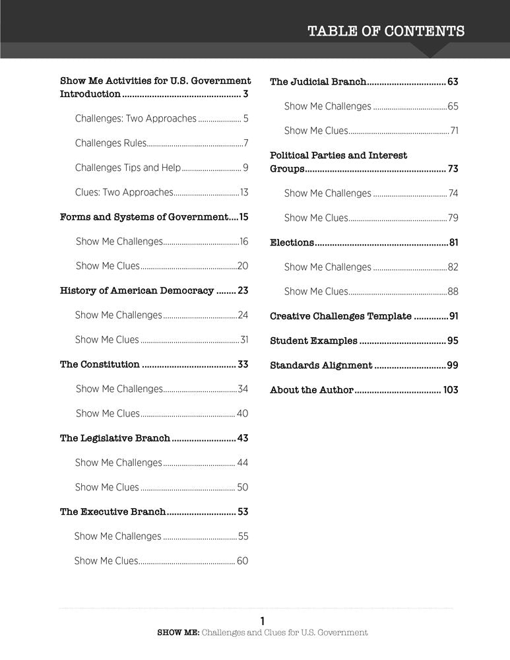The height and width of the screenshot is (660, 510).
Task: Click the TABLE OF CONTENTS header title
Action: point(386,31)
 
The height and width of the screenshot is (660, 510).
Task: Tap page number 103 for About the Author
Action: point(451,390)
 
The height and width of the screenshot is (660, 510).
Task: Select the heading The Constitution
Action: point(100,364)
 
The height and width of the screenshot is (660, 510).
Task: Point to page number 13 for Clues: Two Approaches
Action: point(244,193)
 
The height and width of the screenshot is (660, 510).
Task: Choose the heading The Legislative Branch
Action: point(115,438)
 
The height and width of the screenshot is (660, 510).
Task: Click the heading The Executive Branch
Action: point(112,511)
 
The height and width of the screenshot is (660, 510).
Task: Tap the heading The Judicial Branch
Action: point(318,82)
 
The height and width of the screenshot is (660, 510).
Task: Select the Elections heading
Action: point(292,242)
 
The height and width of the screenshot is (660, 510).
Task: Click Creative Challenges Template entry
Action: point(340,316)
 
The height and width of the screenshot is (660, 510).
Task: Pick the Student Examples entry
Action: point(313,341)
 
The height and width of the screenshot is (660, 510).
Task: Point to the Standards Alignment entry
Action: point(321,366)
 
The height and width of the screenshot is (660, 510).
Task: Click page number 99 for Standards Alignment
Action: point(453,366)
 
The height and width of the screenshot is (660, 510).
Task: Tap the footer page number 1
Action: point(262,620)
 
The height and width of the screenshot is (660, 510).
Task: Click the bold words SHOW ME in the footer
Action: point(177,632)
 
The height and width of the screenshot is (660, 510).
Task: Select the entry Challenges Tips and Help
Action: point(127,168)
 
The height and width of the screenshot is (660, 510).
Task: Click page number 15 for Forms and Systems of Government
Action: point(243,216)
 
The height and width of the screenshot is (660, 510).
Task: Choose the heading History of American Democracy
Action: point(137,290)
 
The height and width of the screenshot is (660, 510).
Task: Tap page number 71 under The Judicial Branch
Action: point(454,131)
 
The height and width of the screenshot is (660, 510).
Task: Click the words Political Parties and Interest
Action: point(338,156)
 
